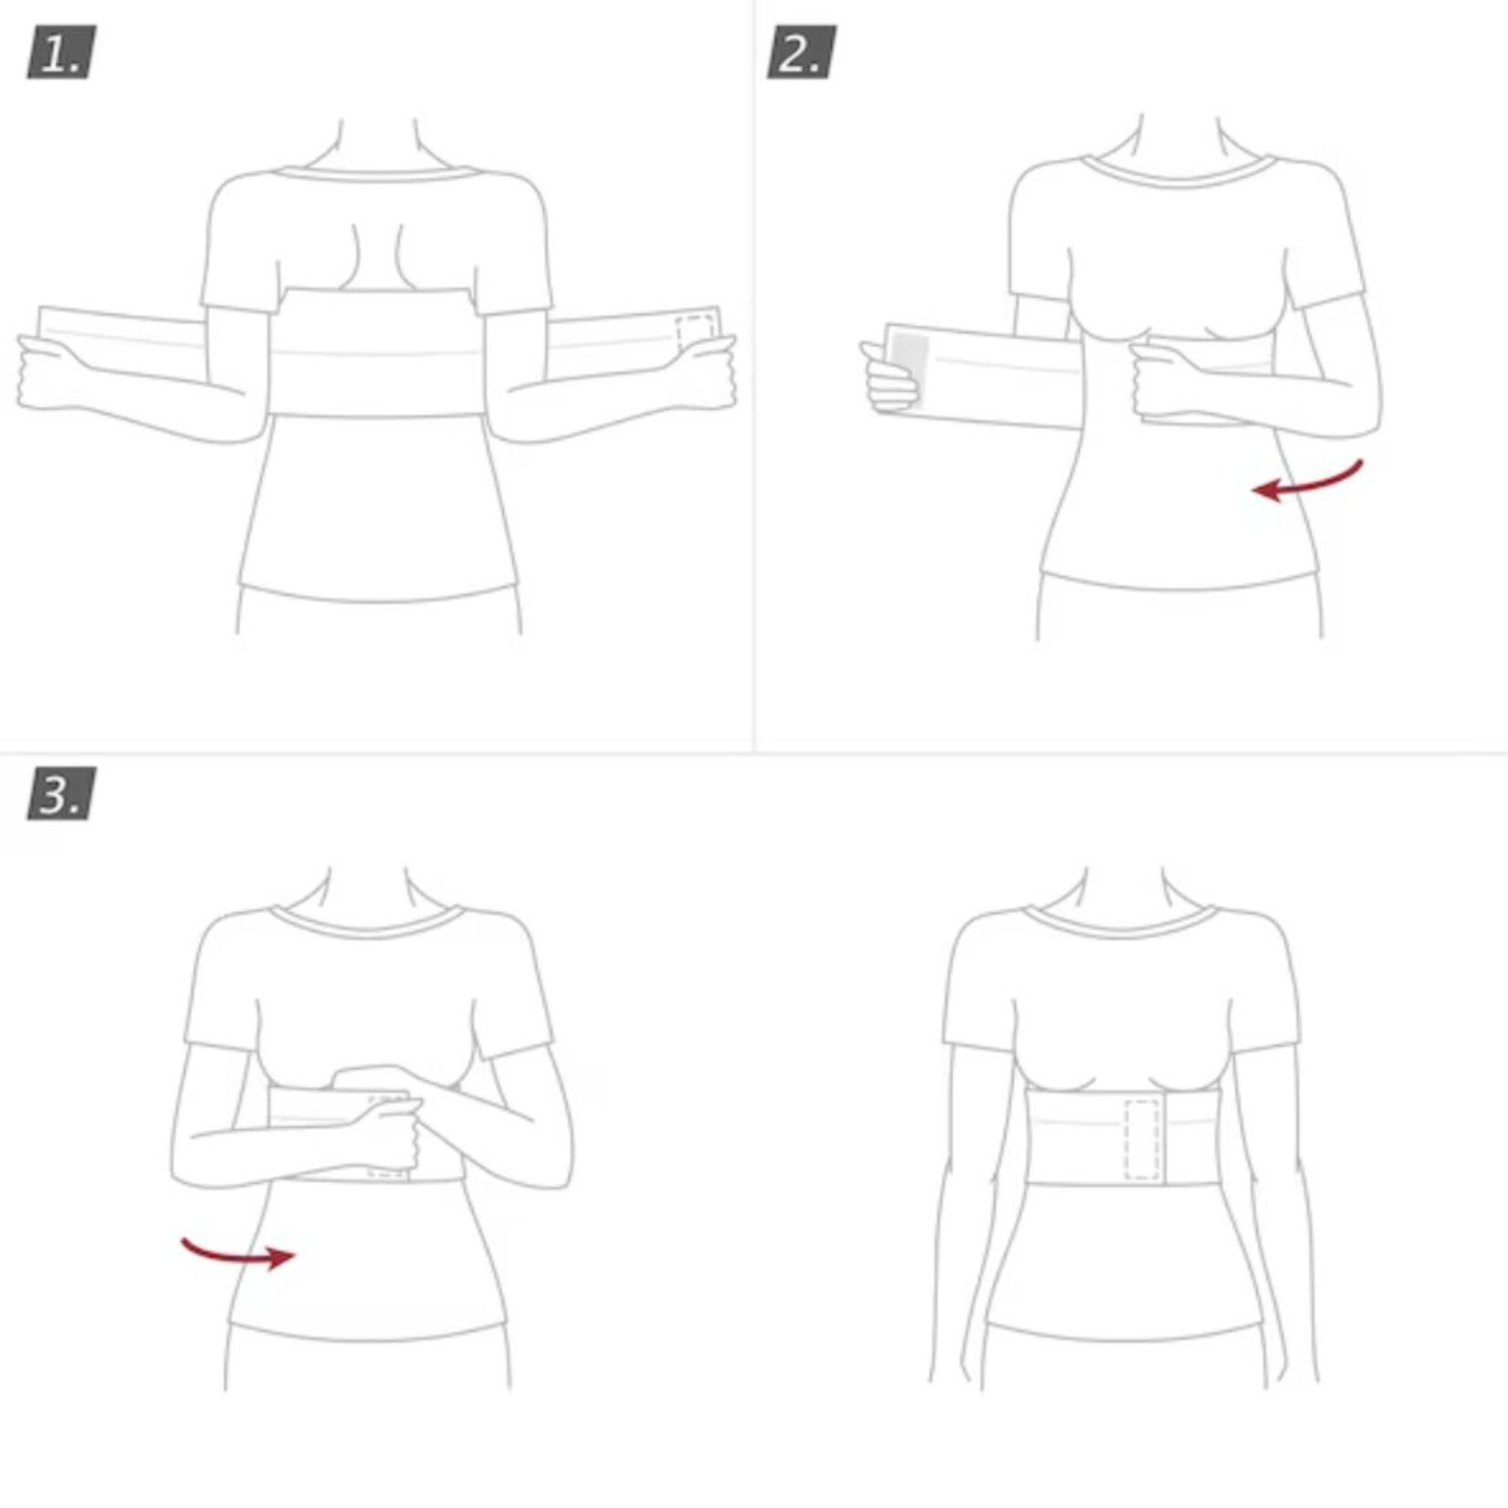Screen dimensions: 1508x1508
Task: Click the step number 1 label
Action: pos(61,53)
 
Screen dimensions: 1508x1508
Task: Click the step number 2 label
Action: pos(801,53)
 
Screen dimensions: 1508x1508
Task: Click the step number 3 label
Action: pos(61,793)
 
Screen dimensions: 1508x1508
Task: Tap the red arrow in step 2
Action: pos(1306,482)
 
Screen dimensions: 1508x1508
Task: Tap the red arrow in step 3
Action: pos(239,1253)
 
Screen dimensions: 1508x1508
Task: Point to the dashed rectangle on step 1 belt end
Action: pos(695,334)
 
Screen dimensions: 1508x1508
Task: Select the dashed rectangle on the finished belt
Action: pos(1142,1139)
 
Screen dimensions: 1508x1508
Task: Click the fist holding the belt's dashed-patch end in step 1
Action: pos(710,374)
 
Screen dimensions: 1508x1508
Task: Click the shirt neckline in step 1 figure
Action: pos(379,175)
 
